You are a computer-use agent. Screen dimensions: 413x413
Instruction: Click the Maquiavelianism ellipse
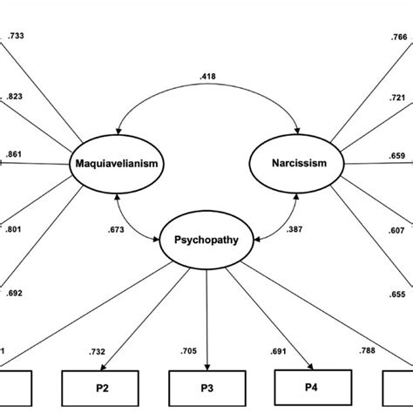(x=118, y=164)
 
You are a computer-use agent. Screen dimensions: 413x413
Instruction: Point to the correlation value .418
(x=207, y=77)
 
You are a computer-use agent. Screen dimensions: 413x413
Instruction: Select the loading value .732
(x=98, y=351)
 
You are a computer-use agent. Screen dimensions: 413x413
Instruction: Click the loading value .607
(x=397, y=230)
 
